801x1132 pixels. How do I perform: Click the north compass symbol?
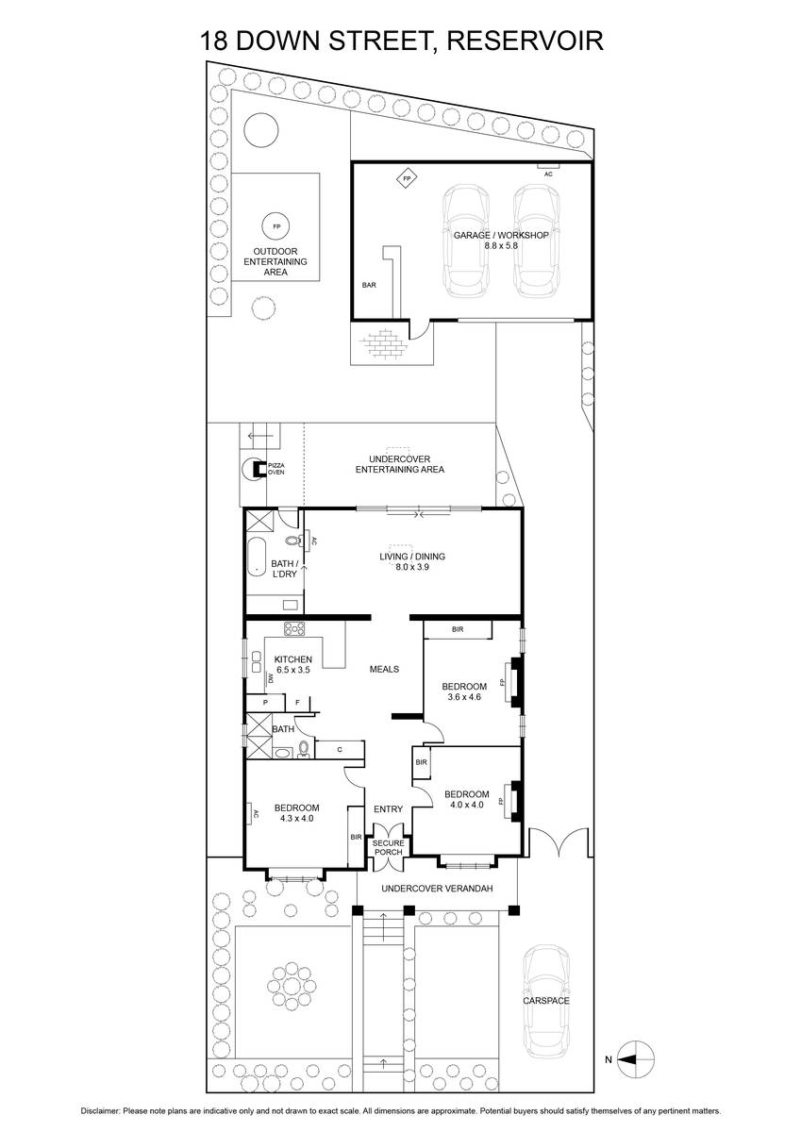coord(635,1056)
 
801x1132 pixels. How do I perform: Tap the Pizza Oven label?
coord(275,469)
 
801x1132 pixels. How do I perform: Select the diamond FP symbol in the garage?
coord(407,178)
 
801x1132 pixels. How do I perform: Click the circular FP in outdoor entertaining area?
coord(276,226)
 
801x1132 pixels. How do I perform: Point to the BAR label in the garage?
coord(369,285)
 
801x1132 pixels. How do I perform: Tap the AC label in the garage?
coord(548,174)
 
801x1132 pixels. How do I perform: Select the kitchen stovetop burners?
coord(294,628)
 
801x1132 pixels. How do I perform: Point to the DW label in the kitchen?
coord(271,679)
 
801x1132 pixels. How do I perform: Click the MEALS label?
coord(385,669)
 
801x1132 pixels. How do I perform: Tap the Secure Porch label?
coord(388,847)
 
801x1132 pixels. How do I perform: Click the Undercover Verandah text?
coord(437,888)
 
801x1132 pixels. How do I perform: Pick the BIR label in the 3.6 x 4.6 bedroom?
coord(458,629)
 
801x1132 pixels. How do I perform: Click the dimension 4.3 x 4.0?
coord(296,818)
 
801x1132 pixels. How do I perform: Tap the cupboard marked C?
coord(340,749)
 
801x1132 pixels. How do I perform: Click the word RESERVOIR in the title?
coord(526,41)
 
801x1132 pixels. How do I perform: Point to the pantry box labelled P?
coord(265,703)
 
